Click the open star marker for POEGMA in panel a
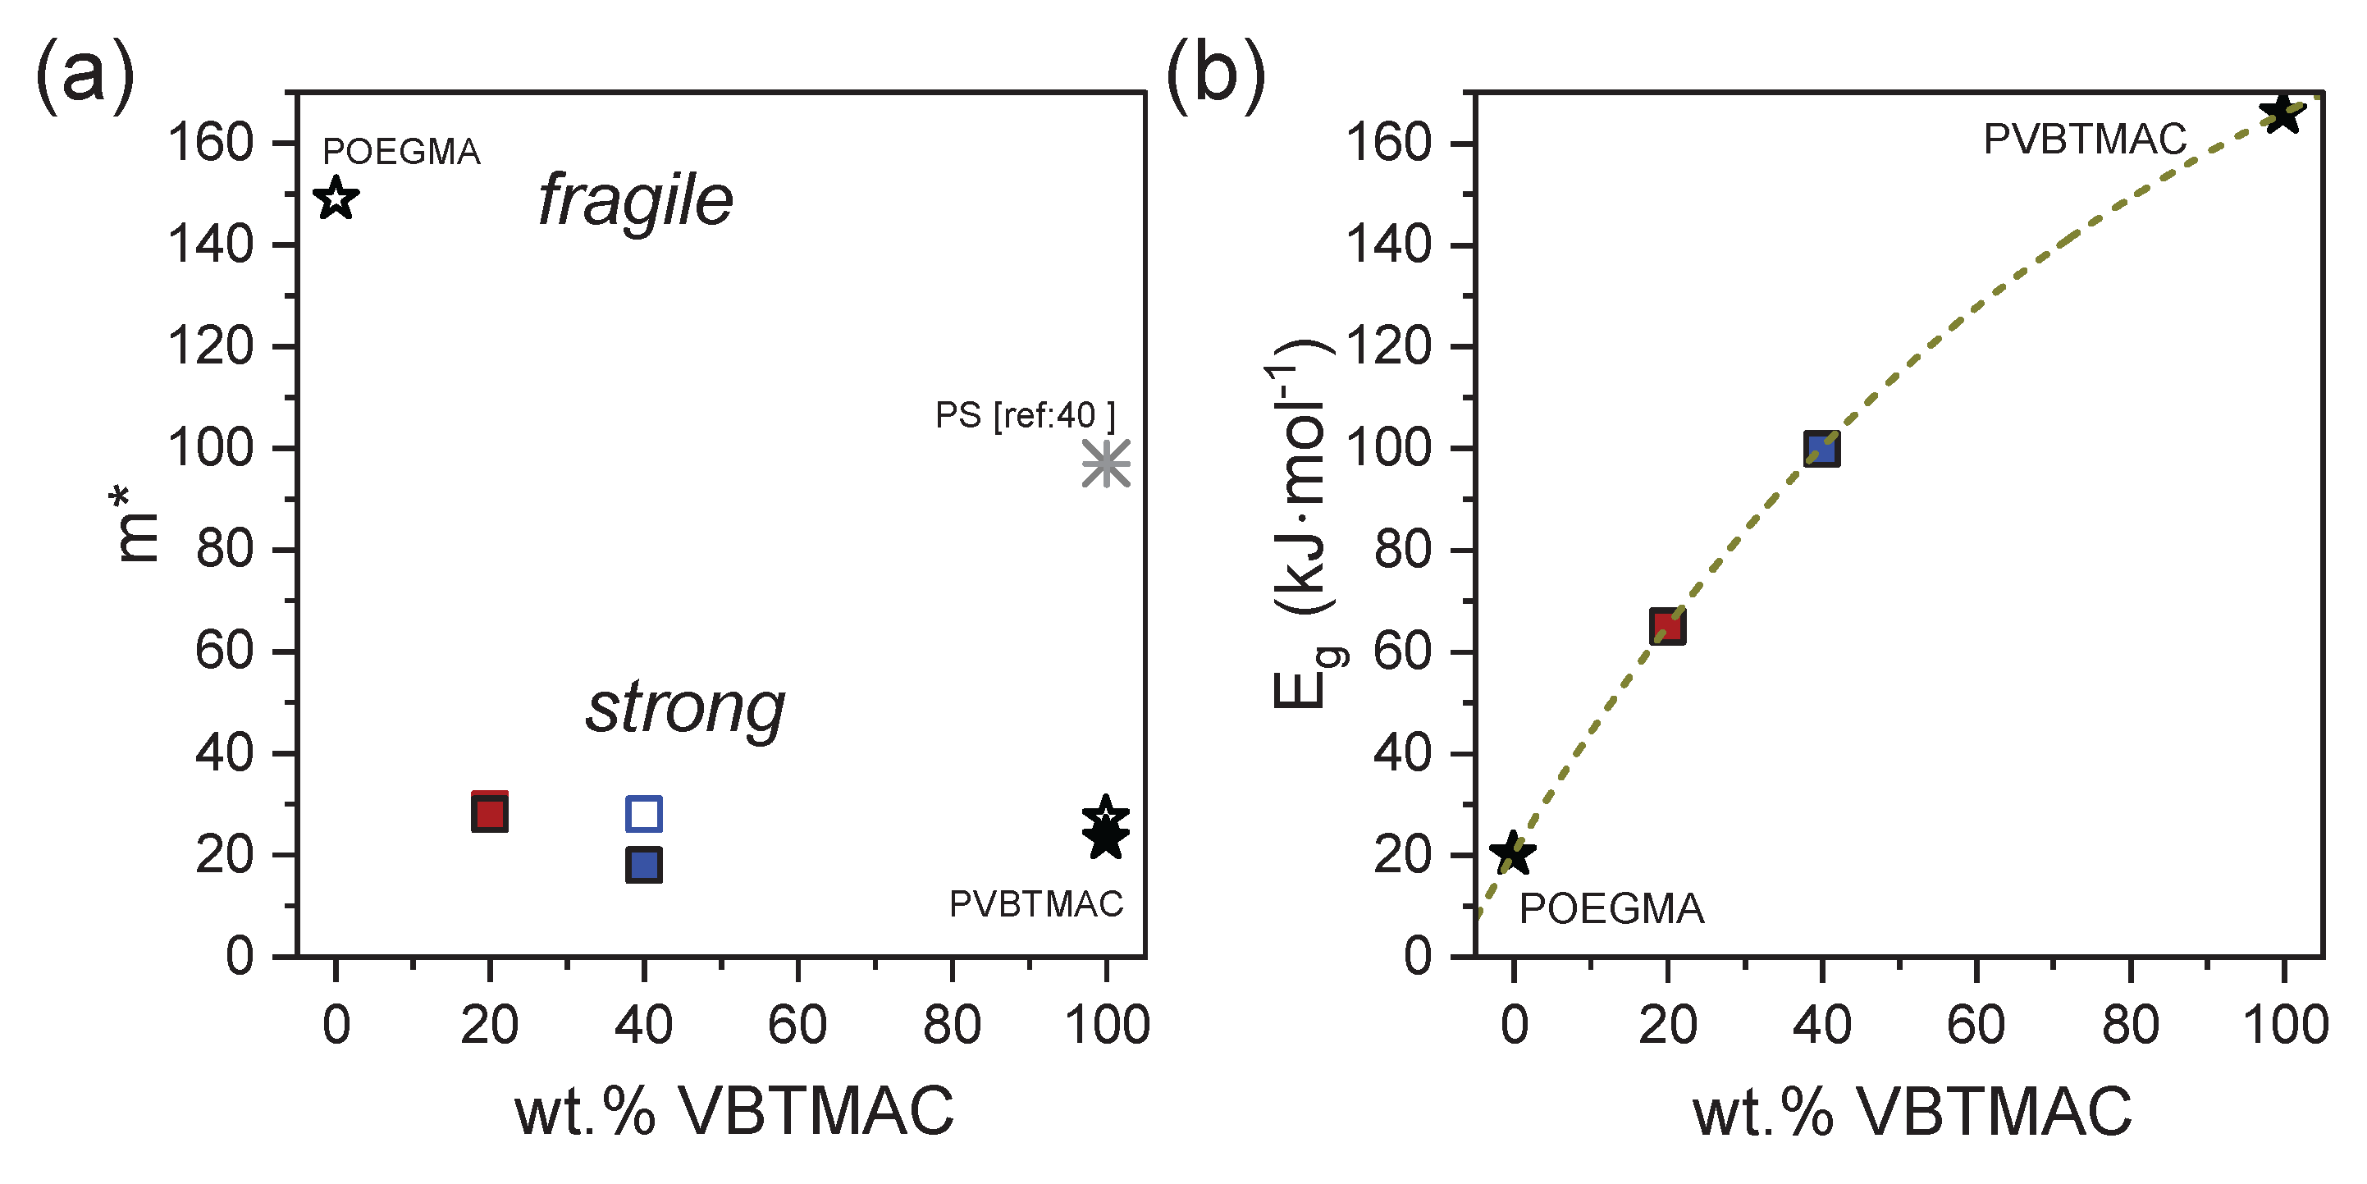point(336,198)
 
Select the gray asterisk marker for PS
point(1105,464)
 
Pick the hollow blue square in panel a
point(643,814)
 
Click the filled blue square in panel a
point(643,865)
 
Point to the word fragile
point(635,200)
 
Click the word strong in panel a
point(685,709)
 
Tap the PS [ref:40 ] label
point(1025,415)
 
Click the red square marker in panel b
point(1667,627)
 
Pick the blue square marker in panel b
point(1821,450)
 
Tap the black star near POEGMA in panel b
point(1511,853)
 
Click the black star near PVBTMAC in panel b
point(2282,115)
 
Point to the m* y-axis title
point(136,525)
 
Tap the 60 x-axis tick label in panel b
point(1976,1025)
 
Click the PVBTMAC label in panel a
point(1035,904)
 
